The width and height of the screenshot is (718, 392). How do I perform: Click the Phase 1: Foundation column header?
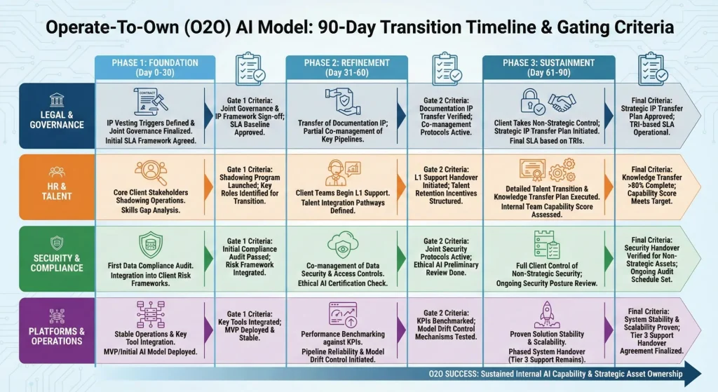tap(155, 68)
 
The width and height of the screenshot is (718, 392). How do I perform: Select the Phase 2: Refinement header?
tap(346, 68)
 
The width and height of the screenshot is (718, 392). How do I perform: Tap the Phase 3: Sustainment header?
tap(548, 68)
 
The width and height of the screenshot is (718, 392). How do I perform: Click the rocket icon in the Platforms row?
tap(547, 314)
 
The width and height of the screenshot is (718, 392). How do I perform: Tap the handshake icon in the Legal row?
tap(562, 102)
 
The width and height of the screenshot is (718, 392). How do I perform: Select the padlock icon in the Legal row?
tap(531, 101)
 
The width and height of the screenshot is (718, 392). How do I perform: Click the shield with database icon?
tap(150, 245)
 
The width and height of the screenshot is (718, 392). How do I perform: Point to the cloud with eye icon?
tap(342, 246)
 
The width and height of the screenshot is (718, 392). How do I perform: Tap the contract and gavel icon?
tap(151, 102)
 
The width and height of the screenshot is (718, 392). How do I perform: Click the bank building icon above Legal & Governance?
tap(57, 100)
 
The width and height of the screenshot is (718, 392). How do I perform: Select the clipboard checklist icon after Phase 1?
tap(250, 69)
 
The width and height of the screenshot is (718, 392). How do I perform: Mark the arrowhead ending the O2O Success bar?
tap(693, 374)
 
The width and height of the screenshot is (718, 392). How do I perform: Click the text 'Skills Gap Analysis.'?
tap(151, 210)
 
